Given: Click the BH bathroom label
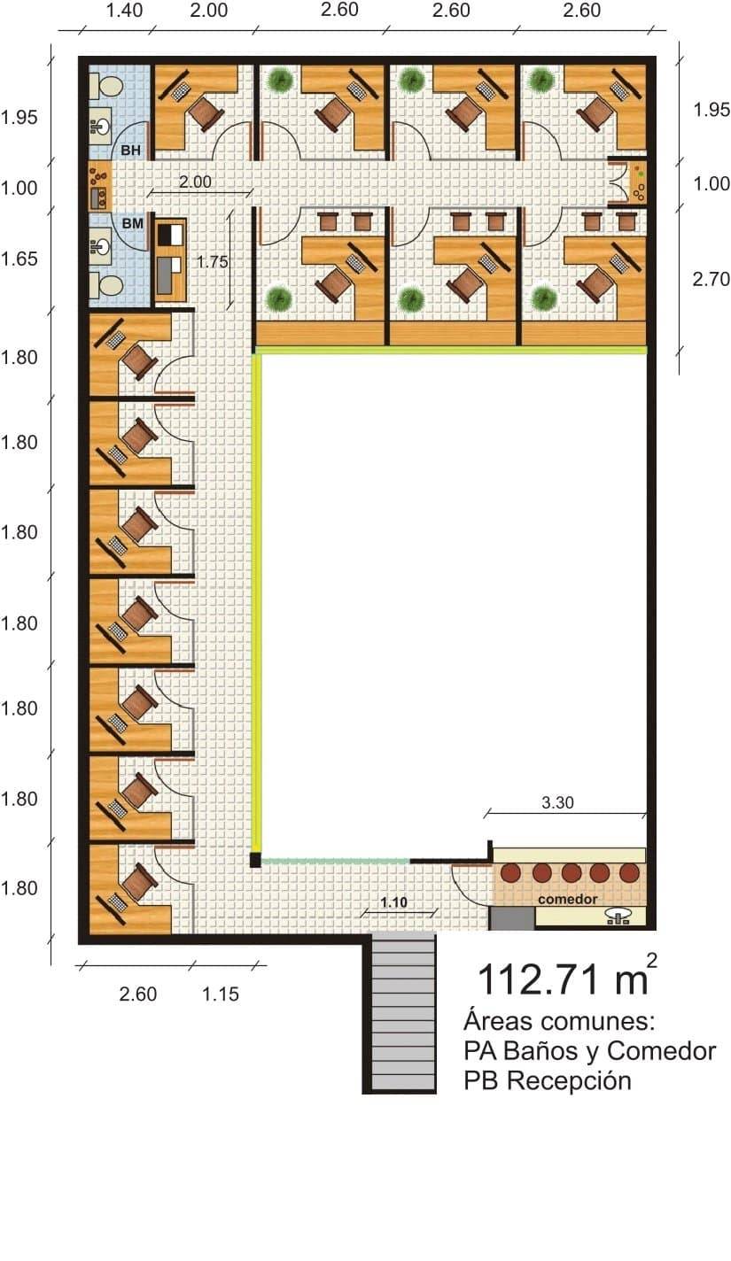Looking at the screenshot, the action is pos(130,151).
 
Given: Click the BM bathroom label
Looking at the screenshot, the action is pos(132,223).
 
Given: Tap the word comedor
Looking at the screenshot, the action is pos(567,899).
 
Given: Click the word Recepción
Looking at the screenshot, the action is pos(569,1081).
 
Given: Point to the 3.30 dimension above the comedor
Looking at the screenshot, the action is pos(557,802).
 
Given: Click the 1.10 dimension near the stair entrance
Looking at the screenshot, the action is pos(393,902).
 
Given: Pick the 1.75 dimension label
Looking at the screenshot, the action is pos(212,262).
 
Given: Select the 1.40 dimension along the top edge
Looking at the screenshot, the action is pos(124,10).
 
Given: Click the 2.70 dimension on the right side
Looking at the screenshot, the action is pos(711,279).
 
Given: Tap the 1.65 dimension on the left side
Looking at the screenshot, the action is pos(19,259).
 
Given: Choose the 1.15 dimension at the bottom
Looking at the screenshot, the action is pos(221,994).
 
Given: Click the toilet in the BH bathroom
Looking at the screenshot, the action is pos(107,86).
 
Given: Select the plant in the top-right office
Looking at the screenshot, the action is pos(541,80).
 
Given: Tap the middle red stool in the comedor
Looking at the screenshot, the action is pos(571,872).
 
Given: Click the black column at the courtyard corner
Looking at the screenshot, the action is pos(256,860).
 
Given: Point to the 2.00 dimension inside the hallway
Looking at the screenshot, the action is pos(196,182).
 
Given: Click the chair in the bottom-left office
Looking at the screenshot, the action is pos(136,882).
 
